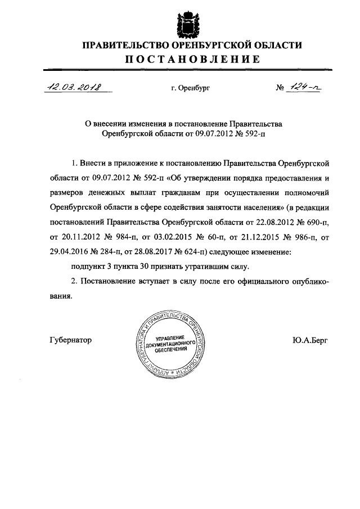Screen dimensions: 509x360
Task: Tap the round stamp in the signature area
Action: (171, 342)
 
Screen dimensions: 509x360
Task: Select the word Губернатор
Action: (70, 340)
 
